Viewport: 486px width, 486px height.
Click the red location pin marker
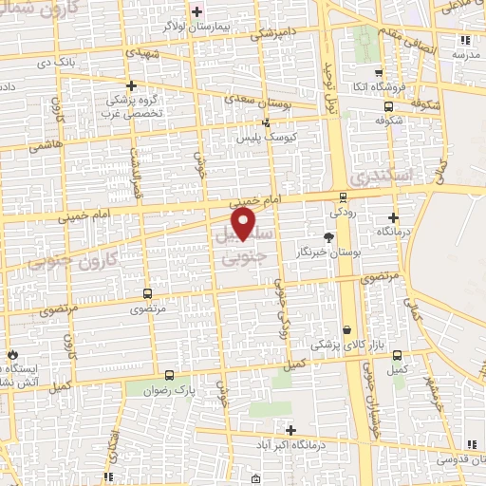tap(245, 222)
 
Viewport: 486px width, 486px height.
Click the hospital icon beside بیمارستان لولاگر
tap(196, 11)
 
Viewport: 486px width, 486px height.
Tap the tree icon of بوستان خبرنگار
tap(328, 237)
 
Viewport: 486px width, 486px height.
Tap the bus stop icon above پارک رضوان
tap(169, 375)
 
